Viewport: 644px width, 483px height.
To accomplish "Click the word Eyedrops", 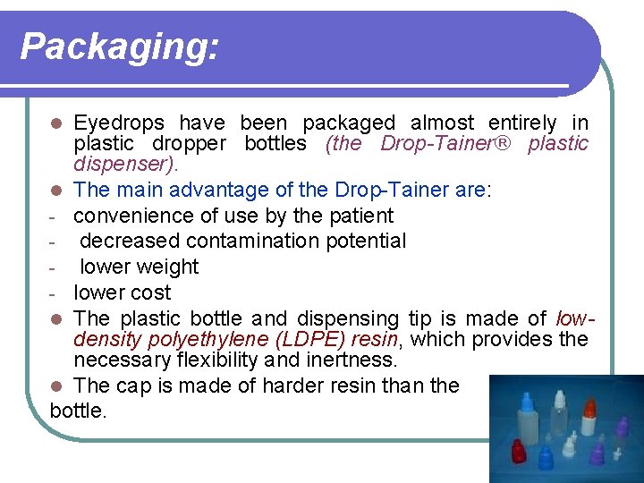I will (118, 123).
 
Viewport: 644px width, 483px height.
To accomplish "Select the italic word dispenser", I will (124, 165).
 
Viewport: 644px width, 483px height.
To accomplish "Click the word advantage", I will (210, 191).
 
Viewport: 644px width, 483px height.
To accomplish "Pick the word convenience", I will (135, 216).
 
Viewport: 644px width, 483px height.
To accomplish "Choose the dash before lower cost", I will (55, 292).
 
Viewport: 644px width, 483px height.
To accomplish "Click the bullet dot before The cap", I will (56, 386).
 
